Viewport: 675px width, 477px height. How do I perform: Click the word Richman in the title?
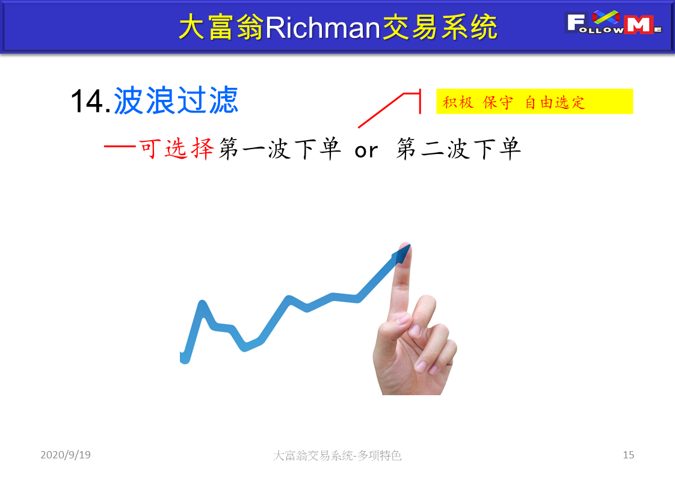coord(322,28)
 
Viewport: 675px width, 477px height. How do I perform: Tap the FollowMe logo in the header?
coord(613,22)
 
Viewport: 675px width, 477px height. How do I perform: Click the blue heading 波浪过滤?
coord(176,100)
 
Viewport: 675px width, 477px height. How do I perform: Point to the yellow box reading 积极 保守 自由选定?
coord(535,102)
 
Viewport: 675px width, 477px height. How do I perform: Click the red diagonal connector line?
coord(381,110)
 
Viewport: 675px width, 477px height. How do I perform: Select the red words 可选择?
coord(176,149)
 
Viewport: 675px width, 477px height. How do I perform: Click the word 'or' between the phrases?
coord(366,150)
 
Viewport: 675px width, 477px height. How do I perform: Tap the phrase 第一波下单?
coord(280,149)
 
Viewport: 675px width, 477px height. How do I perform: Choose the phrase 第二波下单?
coord(458,149)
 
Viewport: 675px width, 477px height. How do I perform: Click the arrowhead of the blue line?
coord(402,254)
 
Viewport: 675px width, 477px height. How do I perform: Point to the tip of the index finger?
coord(405,245)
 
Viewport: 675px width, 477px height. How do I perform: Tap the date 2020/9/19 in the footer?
coord(66,455)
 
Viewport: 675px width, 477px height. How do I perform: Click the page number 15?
coord(628,455)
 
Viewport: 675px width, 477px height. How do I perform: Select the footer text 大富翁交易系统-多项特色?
coord(337,455)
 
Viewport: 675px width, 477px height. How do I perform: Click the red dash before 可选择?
coord(120,146)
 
